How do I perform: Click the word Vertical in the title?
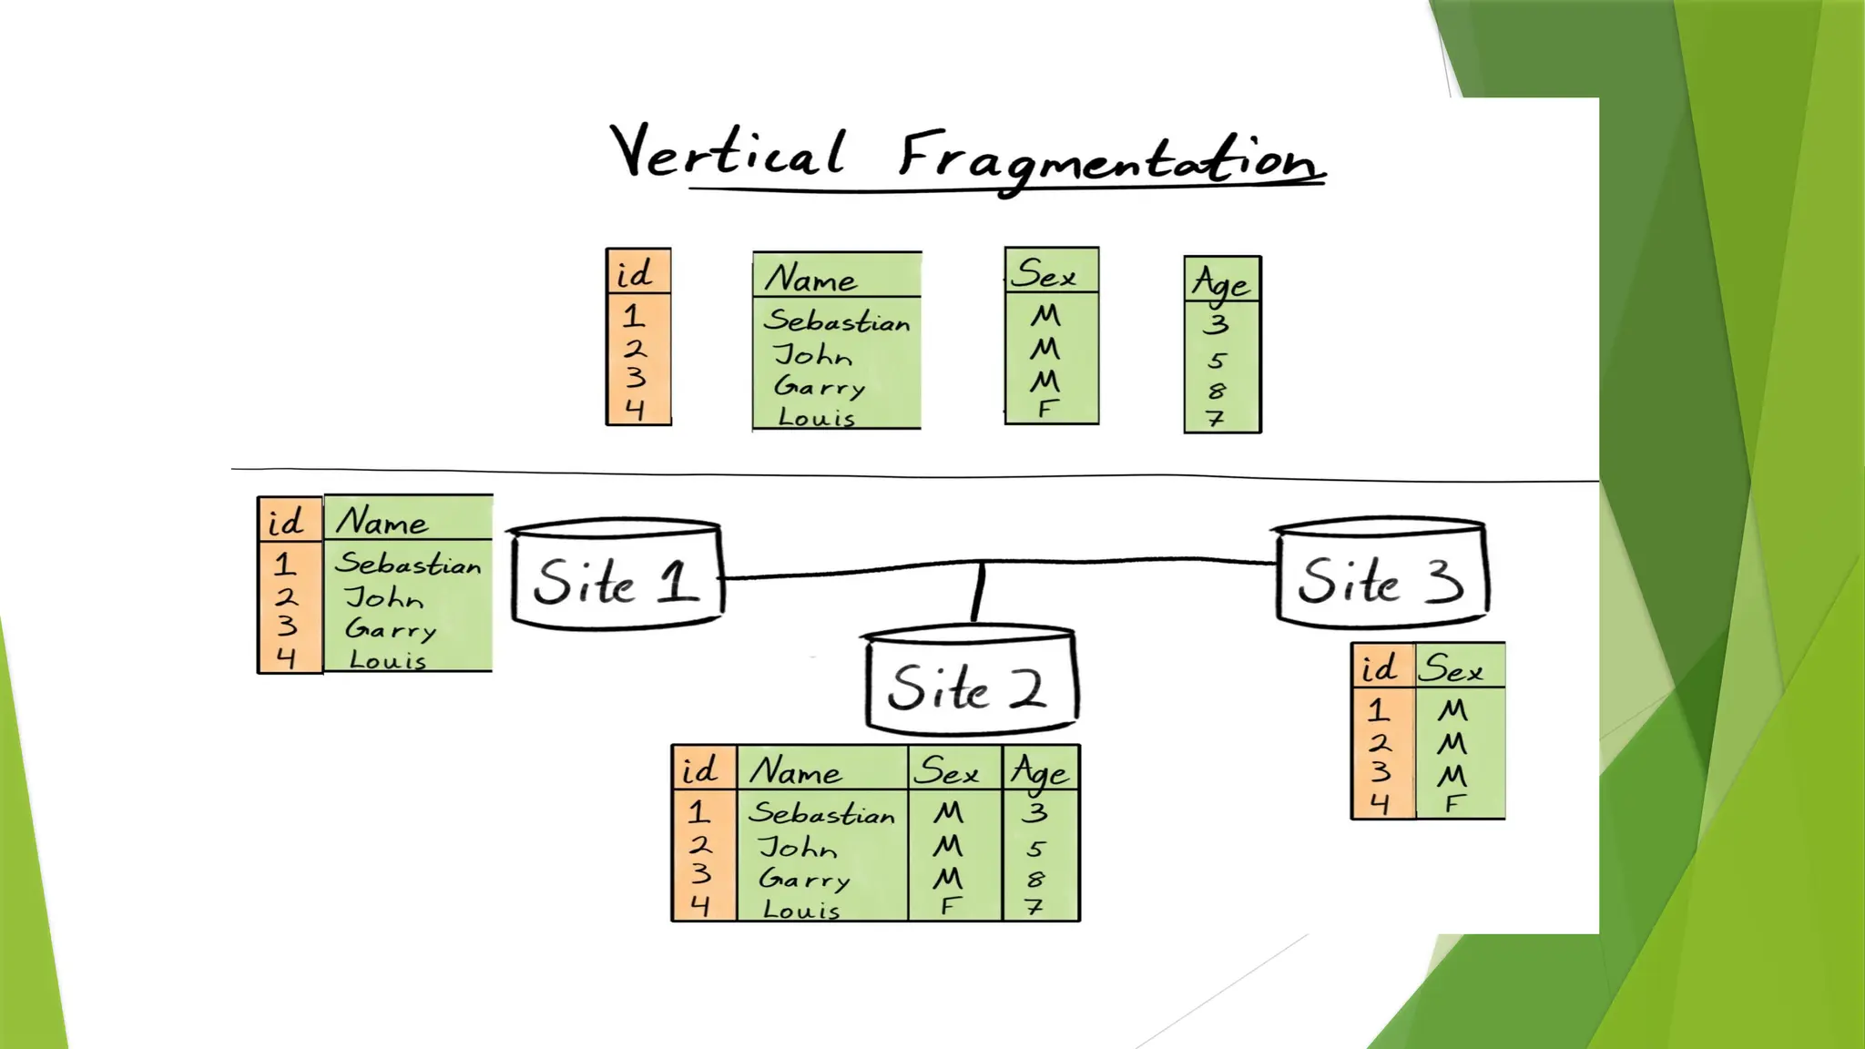(x=727, y=152)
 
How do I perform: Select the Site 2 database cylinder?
(x=970, y=681)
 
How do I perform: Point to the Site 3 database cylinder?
(x=1380, y=574)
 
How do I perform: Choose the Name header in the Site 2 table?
(x=796, y=771)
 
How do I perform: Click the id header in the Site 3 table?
(x=1380, y=668)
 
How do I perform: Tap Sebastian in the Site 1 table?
(x=407, y=563)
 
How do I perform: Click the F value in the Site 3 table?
(x=1454, y=804)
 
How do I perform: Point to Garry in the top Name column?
(x=820, y=386)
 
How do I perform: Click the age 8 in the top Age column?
(x=1217, y=391)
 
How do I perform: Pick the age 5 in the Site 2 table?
(x=1035, y=849)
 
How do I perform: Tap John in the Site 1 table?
(x=384, y=597)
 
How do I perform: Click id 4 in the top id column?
(x=636, y=410)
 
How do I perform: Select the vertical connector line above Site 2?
(x=978, y=592)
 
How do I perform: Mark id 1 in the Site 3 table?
(x=1379, y=709)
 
